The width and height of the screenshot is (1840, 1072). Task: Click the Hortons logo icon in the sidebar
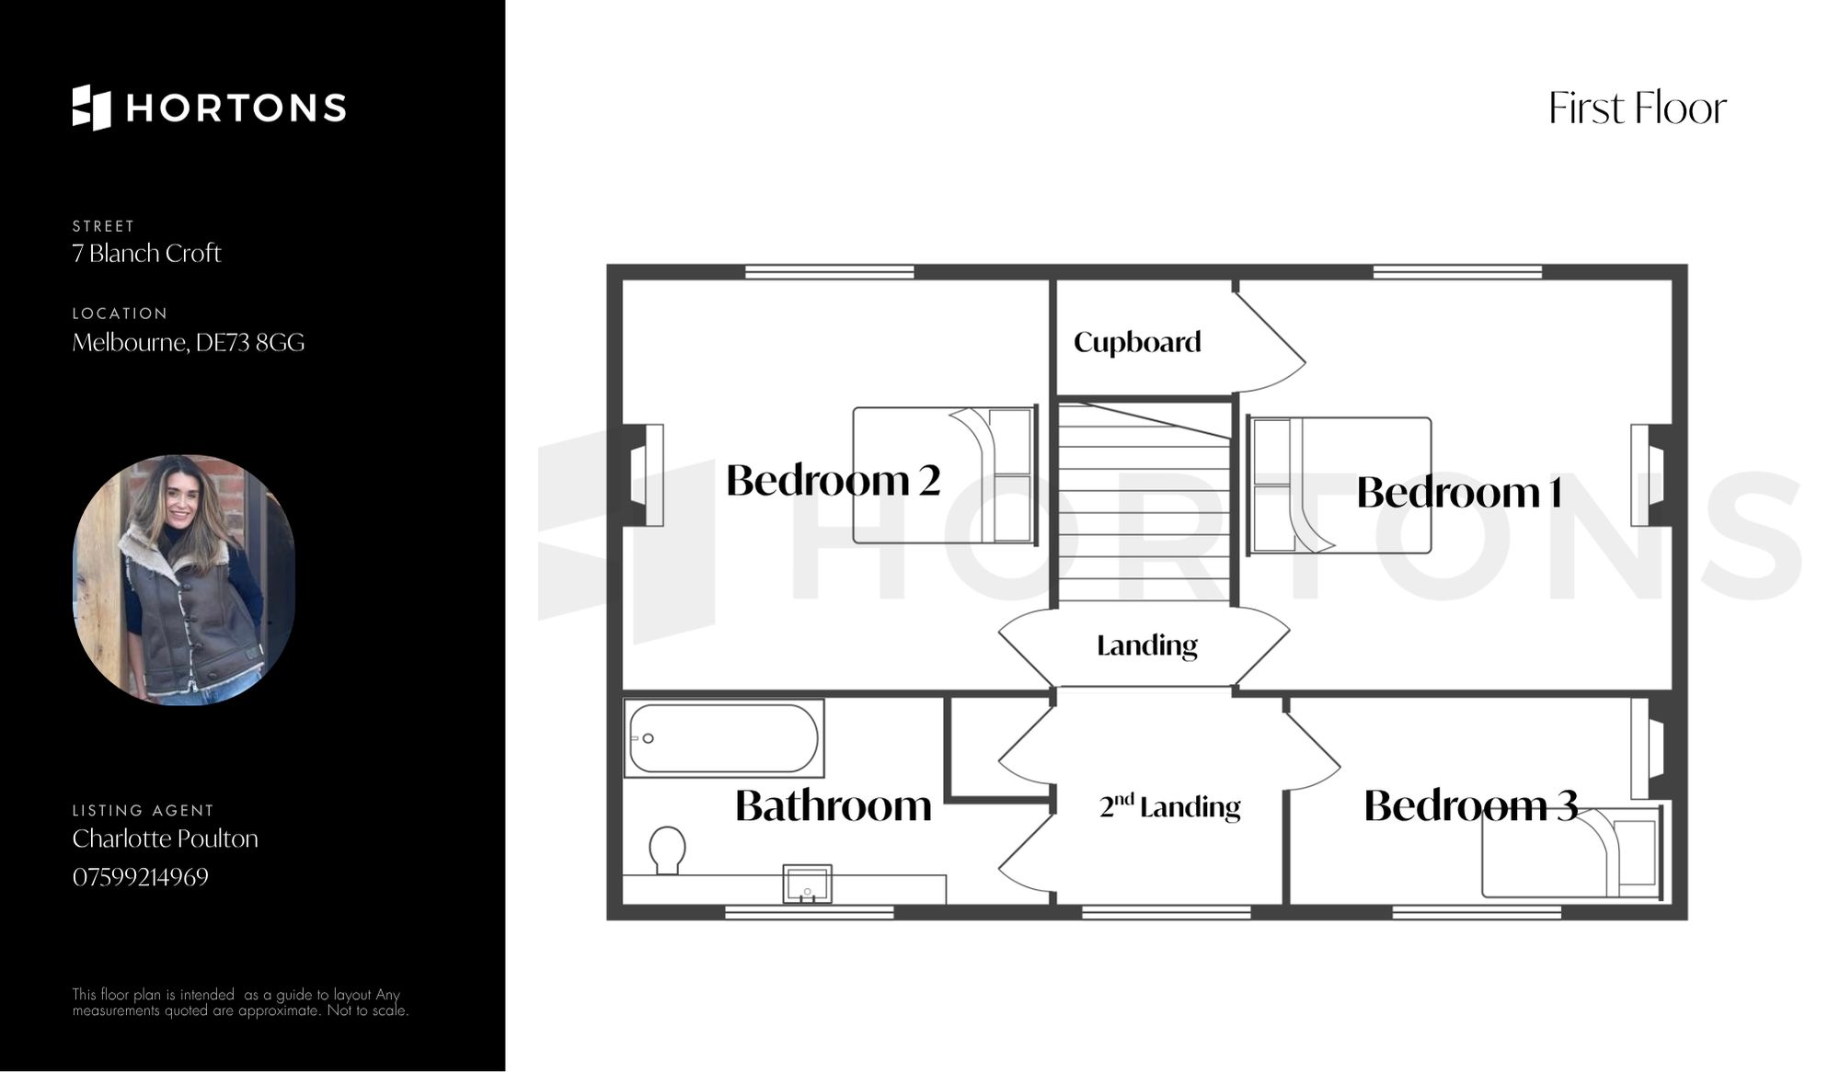(x=91, y=108)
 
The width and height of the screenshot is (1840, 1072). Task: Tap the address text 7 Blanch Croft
(x=146, y=254)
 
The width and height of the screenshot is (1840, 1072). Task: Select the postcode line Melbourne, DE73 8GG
(x=189, y=343)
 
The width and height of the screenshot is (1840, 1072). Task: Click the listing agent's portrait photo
(x=184, y=580)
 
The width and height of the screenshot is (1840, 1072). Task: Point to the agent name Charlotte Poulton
(x=166, y=838)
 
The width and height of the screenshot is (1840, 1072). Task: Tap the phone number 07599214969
(x=141, y=877)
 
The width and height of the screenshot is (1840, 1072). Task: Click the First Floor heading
(x=1638, y=108)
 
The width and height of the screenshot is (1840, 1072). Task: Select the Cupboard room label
(x=1137, y=343)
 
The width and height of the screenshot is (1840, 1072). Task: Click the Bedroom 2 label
(x=833, y=480)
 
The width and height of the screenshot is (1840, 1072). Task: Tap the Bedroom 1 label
(x=1459, y=493)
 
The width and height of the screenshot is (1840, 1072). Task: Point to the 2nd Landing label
(x=1169, y=806)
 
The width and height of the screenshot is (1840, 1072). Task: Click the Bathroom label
(x=834, y=805)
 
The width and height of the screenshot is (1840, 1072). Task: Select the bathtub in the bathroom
(x=724, y=738)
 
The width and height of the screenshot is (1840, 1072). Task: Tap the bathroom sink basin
(x=807, y=884)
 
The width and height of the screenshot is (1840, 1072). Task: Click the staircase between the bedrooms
(x=1144, y=504)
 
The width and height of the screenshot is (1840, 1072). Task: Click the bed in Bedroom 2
(x=945, y=475)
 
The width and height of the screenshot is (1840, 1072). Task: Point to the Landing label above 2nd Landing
(x=1147, y=645)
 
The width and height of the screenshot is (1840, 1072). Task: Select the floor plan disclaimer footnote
(x=240, y=1002)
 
